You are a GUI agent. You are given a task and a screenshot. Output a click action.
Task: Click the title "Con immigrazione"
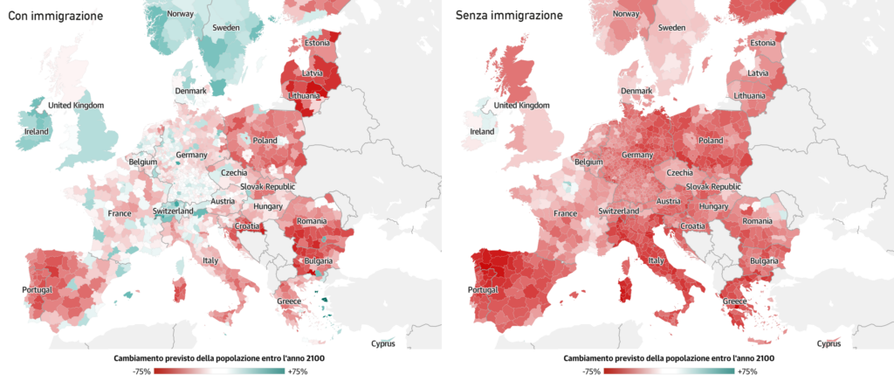click(x=55, y=16)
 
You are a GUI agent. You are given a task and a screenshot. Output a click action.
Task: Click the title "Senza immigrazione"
click(x=509, y=16)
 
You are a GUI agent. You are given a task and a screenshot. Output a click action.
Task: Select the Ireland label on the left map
click(x=36, y=132)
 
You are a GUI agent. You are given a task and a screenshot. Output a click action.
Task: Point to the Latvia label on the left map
click(x=313, y=73)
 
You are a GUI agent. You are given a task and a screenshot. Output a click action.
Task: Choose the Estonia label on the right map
click(x=762, y=44)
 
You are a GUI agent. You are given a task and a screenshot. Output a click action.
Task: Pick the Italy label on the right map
click(x=657, y=260)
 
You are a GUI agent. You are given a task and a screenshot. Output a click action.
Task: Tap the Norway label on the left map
click(x=180, y=14)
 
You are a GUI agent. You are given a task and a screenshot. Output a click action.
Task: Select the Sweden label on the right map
click(x=671, y=28)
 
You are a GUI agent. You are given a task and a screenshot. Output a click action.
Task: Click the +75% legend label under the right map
click(x=742, y=371)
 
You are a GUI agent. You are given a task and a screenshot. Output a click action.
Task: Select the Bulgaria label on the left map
click(x=318, y=261)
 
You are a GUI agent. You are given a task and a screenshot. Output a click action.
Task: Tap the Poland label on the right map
click(x=711, y=141)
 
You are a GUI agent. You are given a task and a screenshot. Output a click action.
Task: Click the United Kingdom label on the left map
click(x=76, y=106)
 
